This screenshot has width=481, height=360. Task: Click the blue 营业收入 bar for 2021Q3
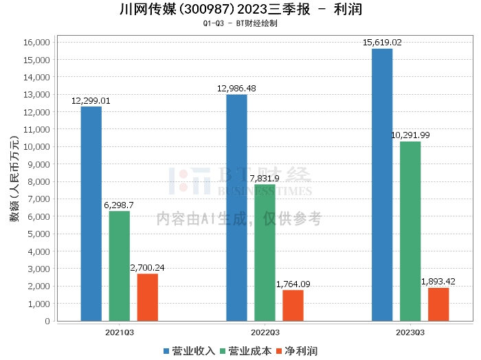pyautogui.click(x=91, y=214)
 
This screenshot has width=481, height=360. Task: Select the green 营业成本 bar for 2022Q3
pyautogui.click(x=265, y=253)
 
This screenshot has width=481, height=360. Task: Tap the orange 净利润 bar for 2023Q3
pyautogui.click(x=438, y=304)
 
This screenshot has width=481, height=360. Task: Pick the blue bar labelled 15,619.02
pyautogui.click(x=382, y=185)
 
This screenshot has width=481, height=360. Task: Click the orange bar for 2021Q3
pyautogui.click(x=148, y=297)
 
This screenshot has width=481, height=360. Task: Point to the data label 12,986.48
pyautogui.click(x=236, y=89)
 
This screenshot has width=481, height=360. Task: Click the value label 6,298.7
pyautogui.click(x=119, y=205)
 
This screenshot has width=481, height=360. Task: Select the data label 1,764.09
pyautogui.click(x=293, y=284)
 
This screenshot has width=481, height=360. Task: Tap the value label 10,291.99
pyautogui.click(x=410, y=135)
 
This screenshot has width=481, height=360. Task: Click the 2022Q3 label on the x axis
pyautogui.click(x=265, y=333)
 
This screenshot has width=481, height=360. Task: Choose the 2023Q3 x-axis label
pyautogui.click(x=410, y=333)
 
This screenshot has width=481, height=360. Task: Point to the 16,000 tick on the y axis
pyautogui.click(x=36, y=43)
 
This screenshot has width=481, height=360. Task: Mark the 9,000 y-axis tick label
pyautogui.click(x=38, y=164)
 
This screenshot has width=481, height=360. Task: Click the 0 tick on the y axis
pyautogui.click(x=47, y=321)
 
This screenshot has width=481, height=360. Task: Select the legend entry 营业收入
pyautogui.click(x=189, y=351)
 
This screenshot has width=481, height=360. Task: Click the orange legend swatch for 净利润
pyautogui.click(x=279, y=351)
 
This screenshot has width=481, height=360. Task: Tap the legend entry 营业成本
pyautogui.click(x=246, y=351)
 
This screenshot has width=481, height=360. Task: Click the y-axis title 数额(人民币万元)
pyautogui.click(x=14, y=179)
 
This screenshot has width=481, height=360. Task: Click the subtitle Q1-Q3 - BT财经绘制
pyautogui.click(x=240, y=23)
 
